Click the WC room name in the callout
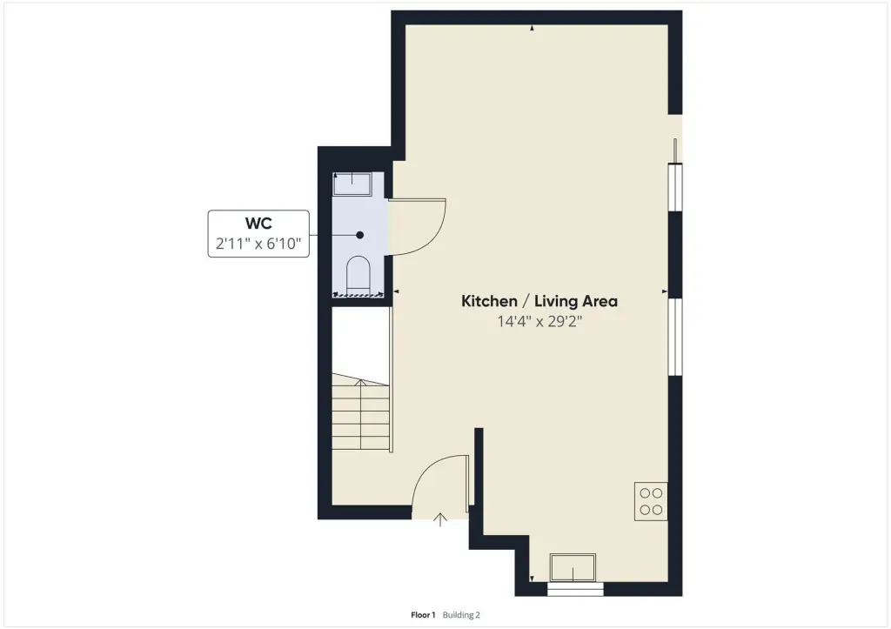[258, 224]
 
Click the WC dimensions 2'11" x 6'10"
[258, 244]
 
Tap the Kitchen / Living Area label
[539, 301]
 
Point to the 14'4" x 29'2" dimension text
[539, 322]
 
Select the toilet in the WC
[358, 276]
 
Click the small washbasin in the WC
[352, 184]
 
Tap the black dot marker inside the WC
[359, 235]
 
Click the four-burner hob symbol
[651, 501]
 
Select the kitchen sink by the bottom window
[573, 567]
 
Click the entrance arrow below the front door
[440, 519]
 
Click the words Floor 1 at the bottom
[423, 615]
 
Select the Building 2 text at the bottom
[461, 615]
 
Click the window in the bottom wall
[575, 589]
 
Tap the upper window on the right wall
[675, 187]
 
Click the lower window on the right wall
[675, 337]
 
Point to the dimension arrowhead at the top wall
[532, 28]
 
